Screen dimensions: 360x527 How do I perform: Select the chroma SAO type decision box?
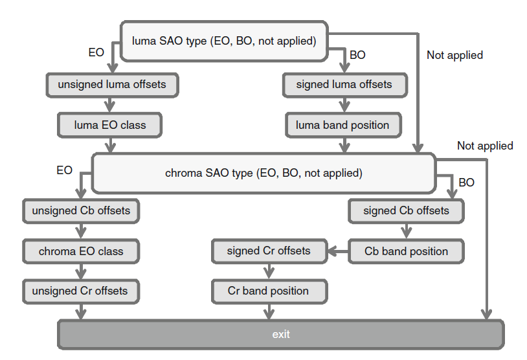263,174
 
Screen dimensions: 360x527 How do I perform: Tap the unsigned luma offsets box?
112,85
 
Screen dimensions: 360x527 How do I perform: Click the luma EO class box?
109,125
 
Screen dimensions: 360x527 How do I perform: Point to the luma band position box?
342,125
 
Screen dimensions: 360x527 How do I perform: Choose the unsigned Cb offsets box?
81,211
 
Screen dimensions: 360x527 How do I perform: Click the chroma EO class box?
81,251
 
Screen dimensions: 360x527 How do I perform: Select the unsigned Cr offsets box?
81,291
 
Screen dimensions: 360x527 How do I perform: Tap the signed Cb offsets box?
406,211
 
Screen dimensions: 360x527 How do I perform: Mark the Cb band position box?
406,251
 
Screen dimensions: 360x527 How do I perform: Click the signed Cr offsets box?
269,251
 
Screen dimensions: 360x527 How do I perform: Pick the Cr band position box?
269,291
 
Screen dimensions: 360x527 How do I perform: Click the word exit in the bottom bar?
281,335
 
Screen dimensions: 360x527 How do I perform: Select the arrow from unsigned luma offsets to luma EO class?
111,105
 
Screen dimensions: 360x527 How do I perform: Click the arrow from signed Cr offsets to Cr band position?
269,271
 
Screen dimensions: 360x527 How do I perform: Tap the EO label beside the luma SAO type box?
96,52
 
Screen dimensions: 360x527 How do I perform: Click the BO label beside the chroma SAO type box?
466,183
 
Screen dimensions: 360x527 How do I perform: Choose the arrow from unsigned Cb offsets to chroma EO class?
81,231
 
